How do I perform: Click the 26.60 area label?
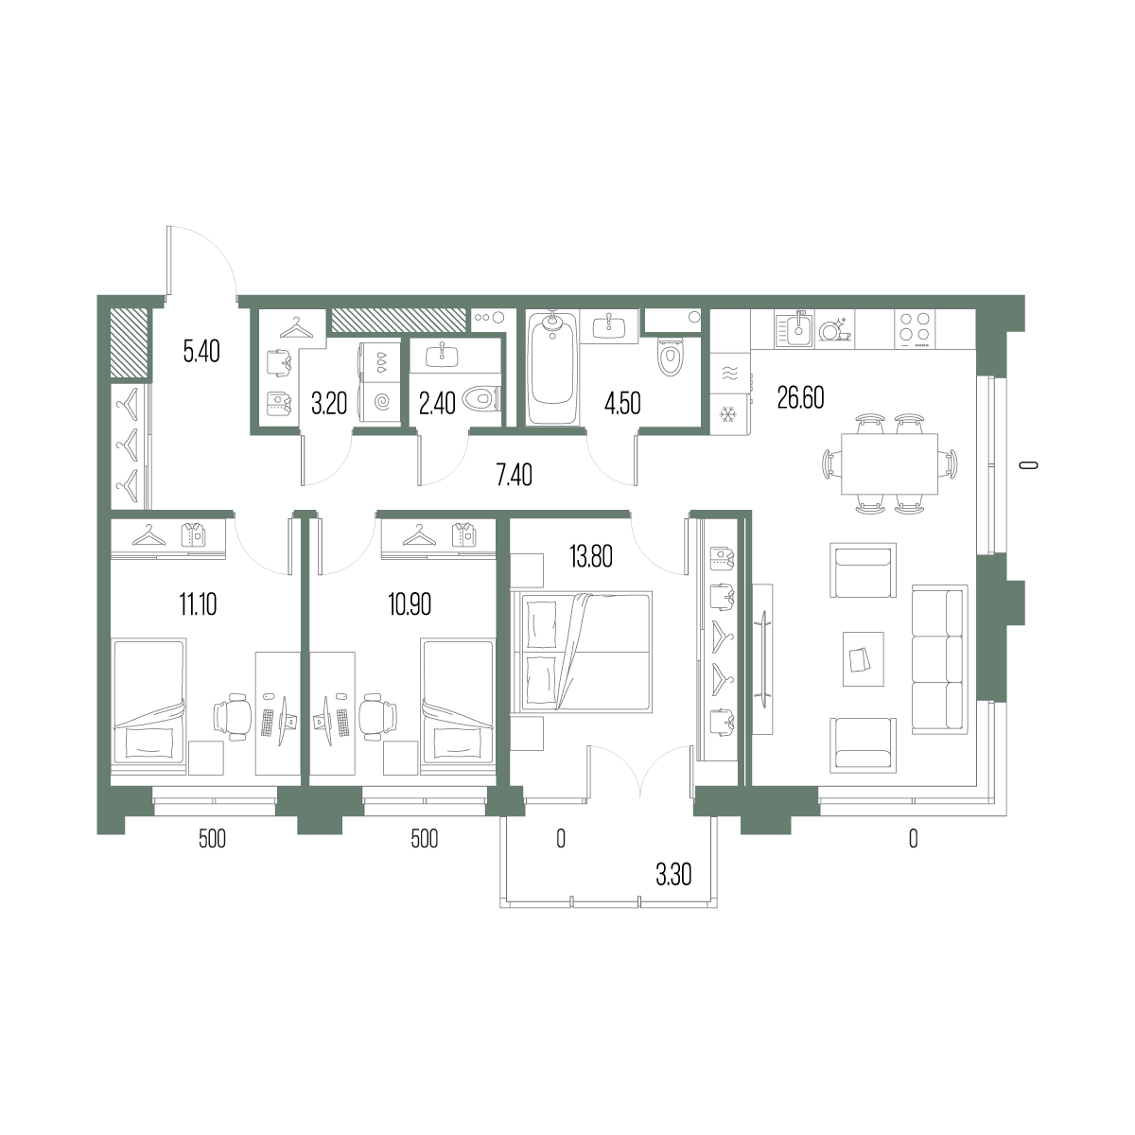[800, 398]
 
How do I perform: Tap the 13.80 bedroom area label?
[591, 556]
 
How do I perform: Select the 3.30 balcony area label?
[673, 875]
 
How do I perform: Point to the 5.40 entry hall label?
[201, 352]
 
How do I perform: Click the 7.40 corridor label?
[515, 476]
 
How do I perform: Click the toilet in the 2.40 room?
[481, 399]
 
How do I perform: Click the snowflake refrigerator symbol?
[728, 415]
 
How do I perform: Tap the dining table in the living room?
[889, 463]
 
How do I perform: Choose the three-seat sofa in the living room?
[939, 659]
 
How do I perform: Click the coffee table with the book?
[863, 659]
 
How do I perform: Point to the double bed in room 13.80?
[582, 652]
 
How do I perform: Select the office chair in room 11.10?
[231, 716]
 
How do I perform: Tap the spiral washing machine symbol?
[382, 402]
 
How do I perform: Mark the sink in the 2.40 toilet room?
[442, 356]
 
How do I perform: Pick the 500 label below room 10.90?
[424, 839]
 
